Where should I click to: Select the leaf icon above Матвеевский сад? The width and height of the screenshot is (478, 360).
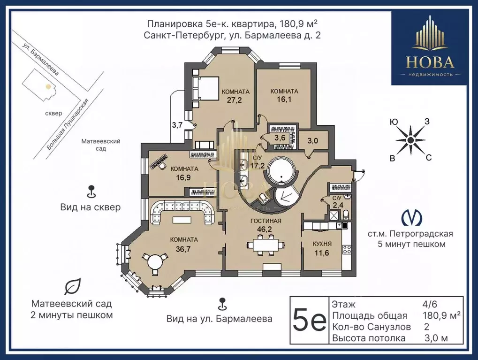point(72,286)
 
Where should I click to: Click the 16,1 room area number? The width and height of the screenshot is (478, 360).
point(284,100)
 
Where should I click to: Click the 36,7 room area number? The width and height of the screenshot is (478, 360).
point(183,249)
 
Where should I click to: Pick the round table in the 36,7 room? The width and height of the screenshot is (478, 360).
point(155,263)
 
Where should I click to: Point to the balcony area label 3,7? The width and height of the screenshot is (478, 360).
point(177,125)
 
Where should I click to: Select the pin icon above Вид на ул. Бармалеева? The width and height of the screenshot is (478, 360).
point(223,303)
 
